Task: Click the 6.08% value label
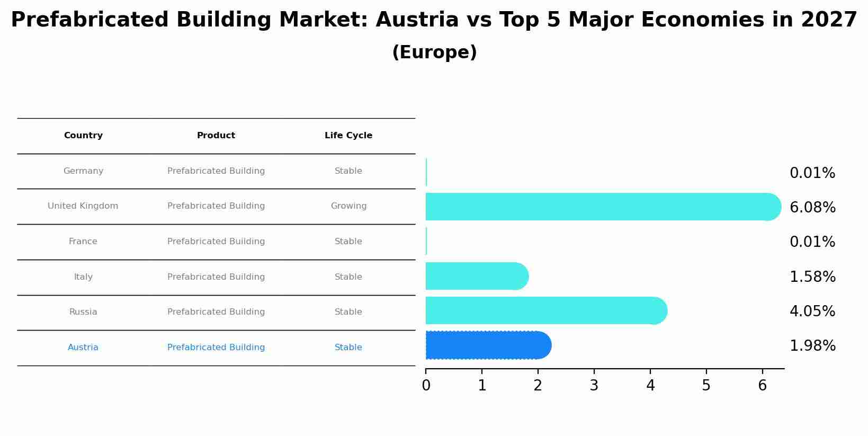[x=812, y=208]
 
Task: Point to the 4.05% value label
[x=812, y=312]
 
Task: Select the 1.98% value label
[x=812, y=346]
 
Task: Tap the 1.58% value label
[x=812, y=277]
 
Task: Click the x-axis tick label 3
[x=594, y=386]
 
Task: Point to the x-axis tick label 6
[x=762, y=386]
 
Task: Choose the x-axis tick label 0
[x=426, y=386]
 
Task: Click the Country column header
[x=83, y=136]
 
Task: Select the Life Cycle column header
[x=348, y=136]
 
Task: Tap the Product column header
[x=216, y=136]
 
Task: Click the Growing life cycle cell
[x=348, y=206]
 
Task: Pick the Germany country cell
[x=83, y=171]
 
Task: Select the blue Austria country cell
[x=83, y=348]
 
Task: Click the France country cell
[x=83, y=242]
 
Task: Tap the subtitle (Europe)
[x=434, y=52]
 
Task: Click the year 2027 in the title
[x=829, y=20]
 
